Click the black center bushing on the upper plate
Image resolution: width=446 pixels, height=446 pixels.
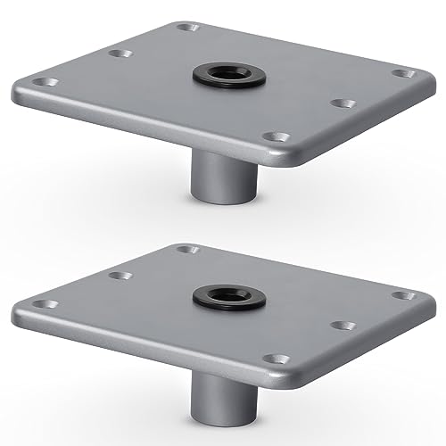coord(227,75)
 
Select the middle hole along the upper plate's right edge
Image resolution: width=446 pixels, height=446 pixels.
coord(339,103)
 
